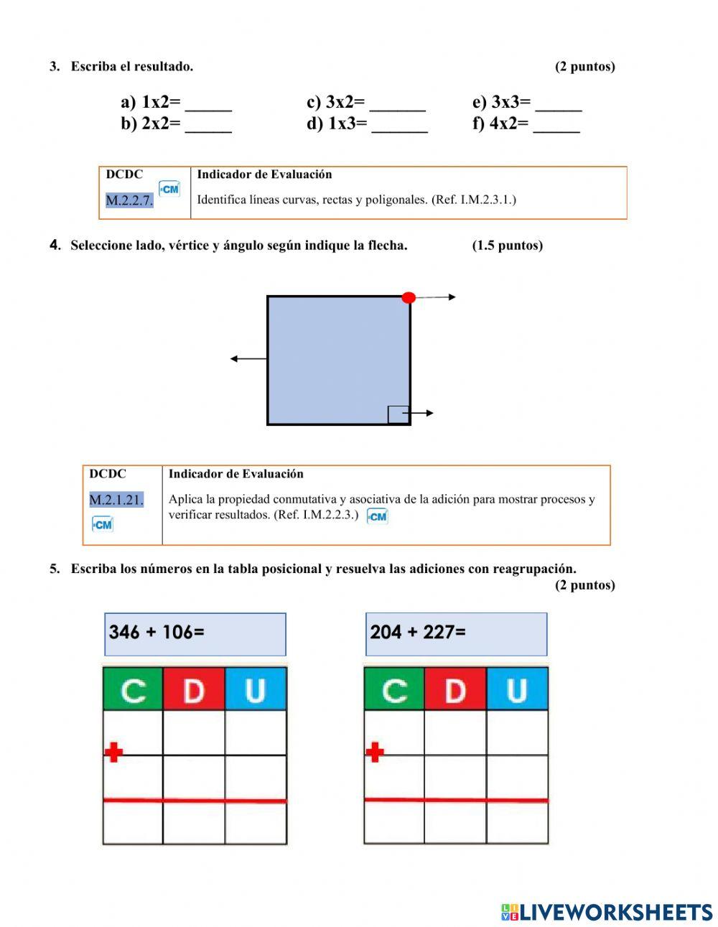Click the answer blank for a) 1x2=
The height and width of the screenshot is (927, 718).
pyautogui.click(x=208, y=104)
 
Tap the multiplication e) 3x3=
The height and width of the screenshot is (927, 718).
pyautogui.click(x=501, y=103)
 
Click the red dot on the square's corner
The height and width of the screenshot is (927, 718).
pyautogui.click(x=409, y=297)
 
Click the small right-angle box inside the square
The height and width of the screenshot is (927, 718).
pyautogui.click(x=398, y=415)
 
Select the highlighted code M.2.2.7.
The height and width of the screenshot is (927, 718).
pyautogui.click(x=129, y=200)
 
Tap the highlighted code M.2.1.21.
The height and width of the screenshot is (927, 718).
pyautogui.click(x=116, y=500)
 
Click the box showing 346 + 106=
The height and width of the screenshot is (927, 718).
pyautogui.click(x=195, y=634)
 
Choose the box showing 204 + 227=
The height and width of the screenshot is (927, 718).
pyautogui.click(x=456, y=634)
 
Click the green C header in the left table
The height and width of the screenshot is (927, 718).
pyautogui.click(x=133, y=689)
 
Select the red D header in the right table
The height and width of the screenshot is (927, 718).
pyautogui.click(x=455, y=689)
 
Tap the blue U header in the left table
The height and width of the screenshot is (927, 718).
pyautogui.click(x=256, y=689)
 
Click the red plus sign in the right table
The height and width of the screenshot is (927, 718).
pyautogui.click(x=374, y=753)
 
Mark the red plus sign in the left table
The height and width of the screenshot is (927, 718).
pyautogui.click(x=113, y=753)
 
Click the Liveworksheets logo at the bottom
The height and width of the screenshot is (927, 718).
pyautogui.click(x=607, y=912)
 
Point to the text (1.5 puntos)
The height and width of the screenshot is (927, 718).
pyautogui.click(x=507, y=246)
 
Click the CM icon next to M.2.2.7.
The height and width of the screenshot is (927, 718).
pyautogui.click(x=169, y=189)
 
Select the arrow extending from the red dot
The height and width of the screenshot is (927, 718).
pyautogui.click(x=436, y=297)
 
